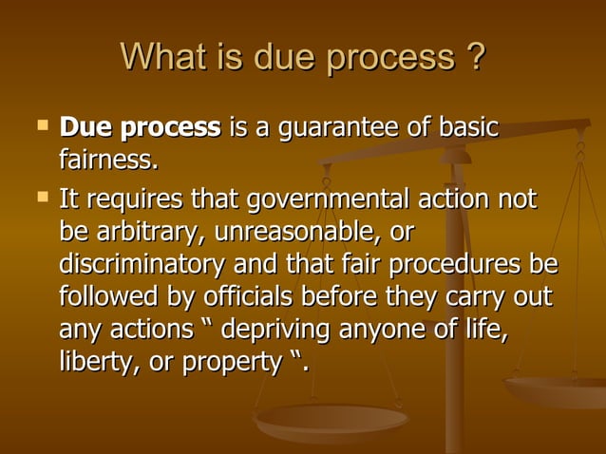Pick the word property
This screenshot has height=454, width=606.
[225, 363]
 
